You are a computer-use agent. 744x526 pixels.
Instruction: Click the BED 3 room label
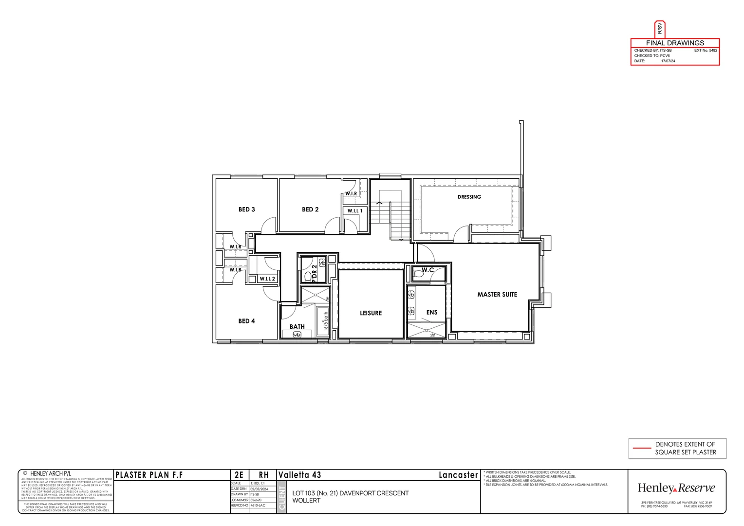click(246, 209)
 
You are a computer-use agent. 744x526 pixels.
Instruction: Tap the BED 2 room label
click(310, 209)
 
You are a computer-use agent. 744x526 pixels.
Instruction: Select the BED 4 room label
click(246, 321)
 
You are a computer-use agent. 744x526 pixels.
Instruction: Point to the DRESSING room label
click(469, 197)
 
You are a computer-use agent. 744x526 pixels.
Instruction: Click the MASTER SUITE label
click(497, 294)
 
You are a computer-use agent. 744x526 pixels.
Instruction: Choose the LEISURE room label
click(371, 313)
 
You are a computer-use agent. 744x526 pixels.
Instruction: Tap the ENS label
click(431, 312)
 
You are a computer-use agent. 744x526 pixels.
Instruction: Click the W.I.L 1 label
click(355, 211)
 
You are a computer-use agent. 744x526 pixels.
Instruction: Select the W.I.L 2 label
click(267, 279)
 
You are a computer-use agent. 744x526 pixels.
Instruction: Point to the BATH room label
click(297, 326)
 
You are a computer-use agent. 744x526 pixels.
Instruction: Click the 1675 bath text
click(326, 322)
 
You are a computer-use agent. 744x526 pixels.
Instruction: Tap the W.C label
click(428, 270)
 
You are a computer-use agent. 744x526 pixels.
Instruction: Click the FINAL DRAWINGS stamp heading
click(675, 43)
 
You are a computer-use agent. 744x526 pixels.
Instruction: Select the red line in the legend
click(641, 448)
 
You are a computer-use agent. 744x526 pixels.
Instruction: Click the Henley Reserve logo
click(676, 488)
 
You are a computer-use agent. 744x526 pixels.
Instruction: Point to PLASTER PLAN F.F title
click(149, 475)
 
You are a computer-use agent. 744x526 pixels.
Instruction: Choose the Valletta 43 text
click(299, 475)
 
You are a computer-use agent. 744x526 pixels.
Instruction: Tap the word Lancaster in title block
click(458, 475)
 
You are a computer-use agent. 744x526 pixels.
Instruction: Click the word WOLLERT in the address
click(306, 500)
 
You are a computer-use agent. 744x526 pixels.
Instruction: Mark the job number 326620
click(256, 500)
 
